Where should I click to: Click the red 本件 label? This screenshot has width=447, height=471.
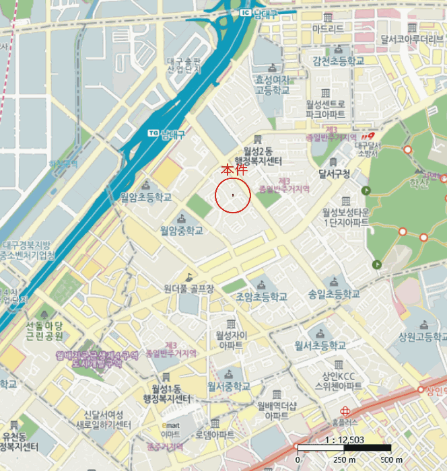click(232, 172)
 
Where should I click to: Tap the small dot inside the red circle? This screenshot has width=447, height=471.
click(233, 195)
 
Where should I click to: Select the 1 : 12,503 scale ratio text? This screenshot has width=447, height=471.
click(343, 440)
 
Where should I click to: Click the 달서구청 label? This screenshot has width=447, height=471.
click(334, 174)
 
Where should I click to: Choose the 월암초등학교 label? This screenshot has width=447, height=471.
click(145, 197)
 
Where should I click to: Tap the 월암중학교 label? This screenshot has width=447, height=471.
click(181, 230)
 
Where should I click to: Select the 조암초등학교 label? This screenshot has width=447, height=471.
click(261, 296)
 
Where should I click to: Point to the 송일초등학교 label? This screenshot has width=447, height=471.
click(334, 295)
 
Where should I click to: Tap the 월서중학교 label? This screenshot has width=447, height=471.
click(229, 386)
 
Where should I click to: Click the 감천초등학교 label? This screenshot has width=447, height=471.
click(338, 61)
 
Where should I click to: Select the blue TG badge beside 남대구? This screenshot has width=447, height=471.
click(151, 132)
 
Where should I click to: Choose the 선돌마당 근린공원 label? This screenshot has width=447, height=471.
click(44, 330)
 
